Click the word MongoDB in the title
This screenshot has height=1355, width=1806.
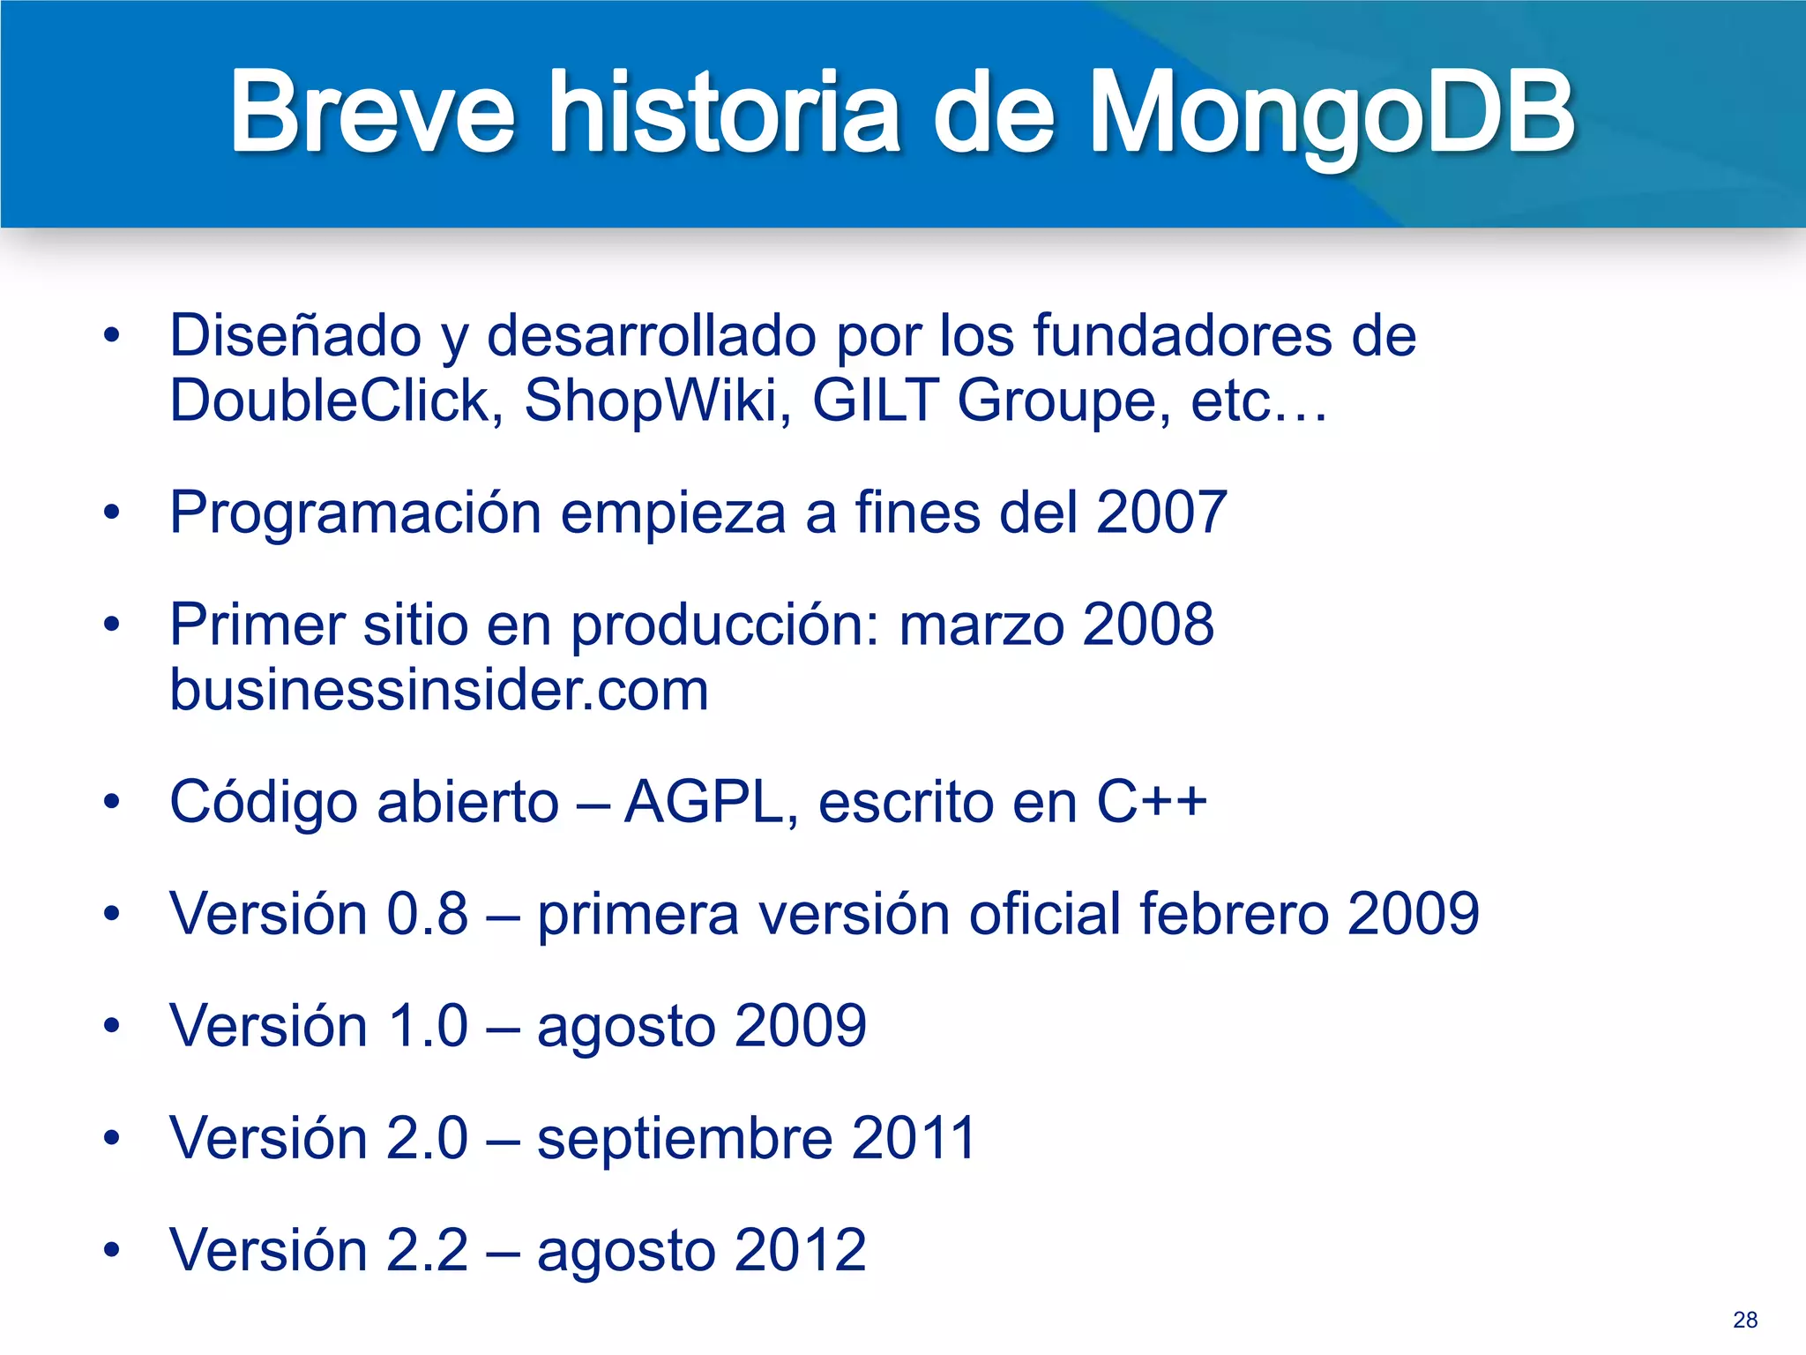point(1332,113)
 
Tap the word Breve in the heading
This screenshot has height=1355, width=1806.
point(371,113)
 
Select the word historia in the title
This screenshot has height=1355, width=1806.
point(723,113)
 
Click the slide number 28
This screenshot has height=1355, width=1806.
point(1744,1320)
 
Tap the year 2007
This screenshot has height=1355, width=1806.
point(1160,513)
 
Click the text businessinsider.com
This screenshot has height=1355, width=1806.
point(439,690)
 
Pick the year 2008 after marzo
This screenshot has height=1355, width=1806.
point(1147,625)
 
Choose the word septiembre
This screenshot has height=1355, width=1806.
point(684,1138)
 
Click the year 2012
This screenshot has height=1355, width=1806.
point(800,1250)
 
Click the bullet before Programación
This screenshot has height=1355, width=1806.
point(111,513)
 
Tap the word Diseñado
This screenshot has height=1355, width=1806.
point(295,336)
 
